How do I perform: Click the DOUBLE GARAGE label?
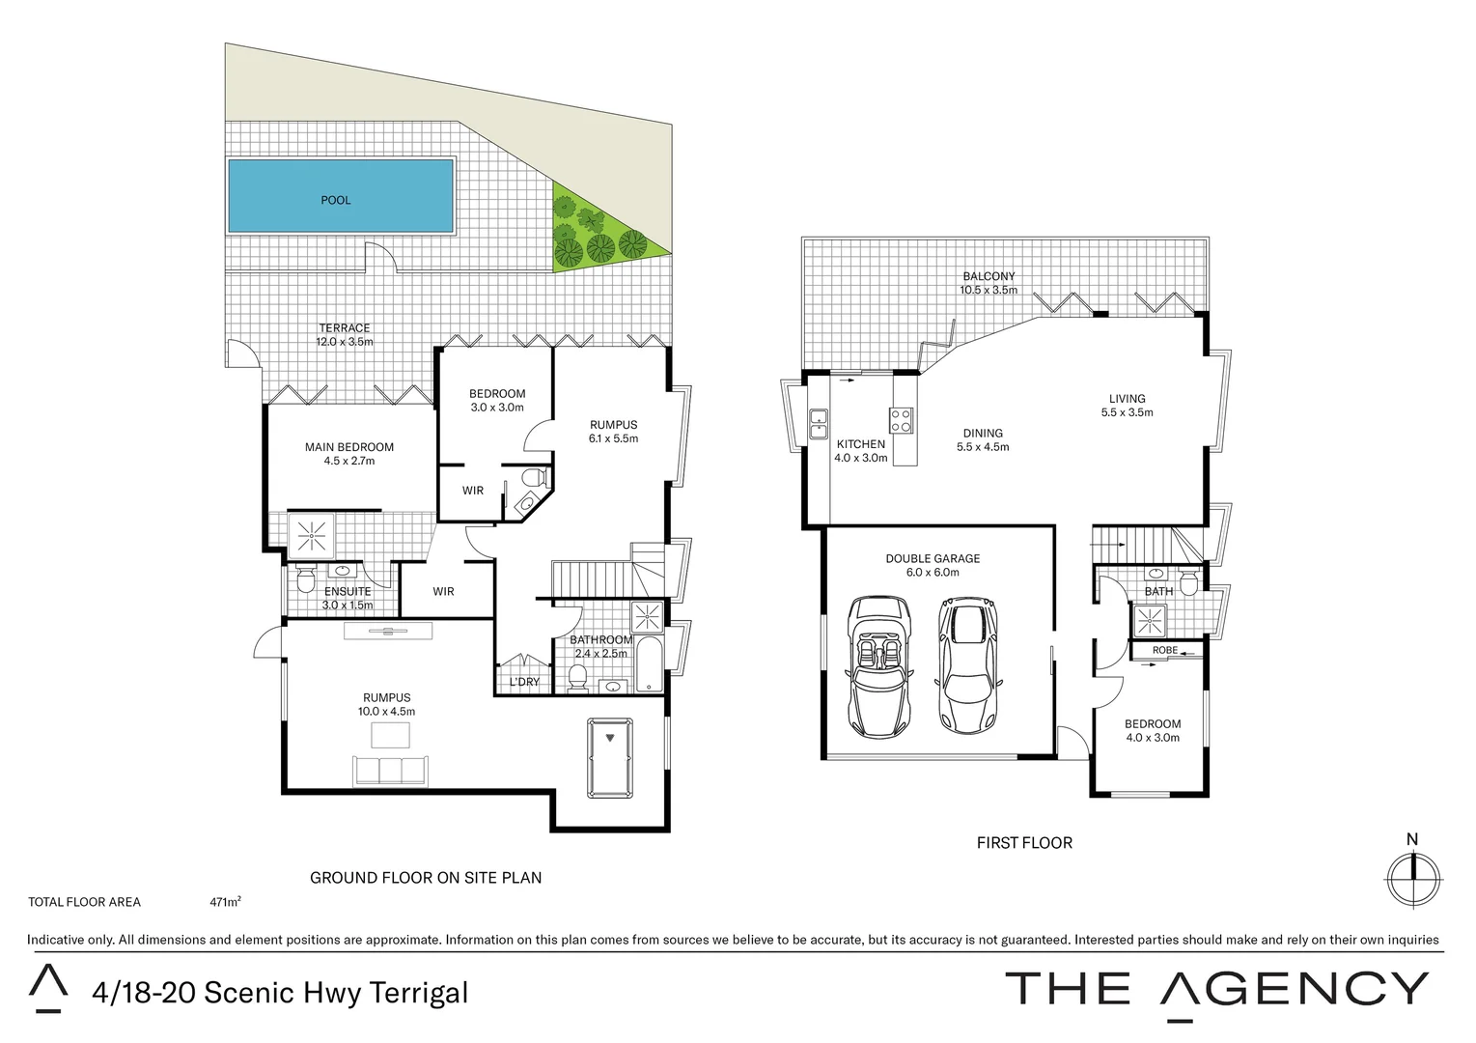point(933,558)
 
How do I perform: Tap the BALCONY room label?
point(988,276)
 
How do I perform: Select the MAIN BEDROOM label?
point(349,447)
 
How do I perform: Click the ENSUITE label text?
point(348,591)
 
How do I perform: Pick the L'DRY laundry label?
point(524,682)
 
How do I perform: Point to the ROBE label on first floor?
point(1165,650)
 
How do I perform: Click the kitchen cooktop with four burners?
point(902,420)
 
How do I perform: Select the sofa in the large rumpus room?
point(391,770)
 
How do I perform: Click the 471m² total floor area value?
point(225,903)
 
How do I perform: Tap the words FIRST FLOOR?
point(1024,843)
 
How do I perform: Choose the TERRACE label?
point(345,328)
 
